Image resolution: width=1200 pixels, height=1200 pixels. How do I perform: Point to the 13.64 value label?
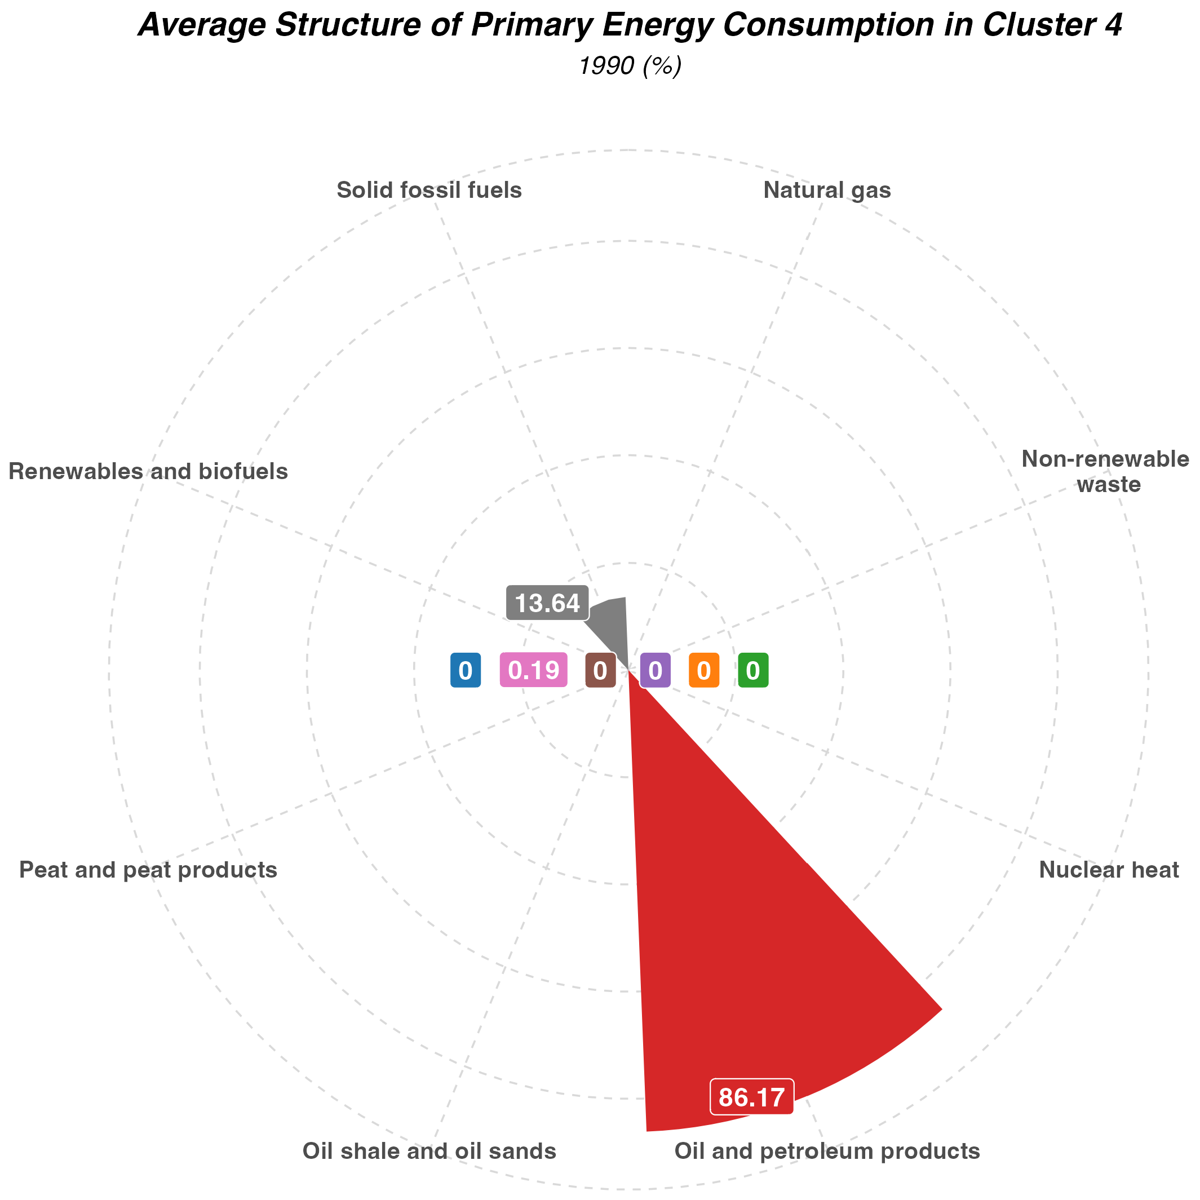click(x=547, y=603)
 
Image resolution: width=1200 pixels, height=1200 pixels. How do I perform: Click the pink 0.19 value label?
click(x=534, y=671)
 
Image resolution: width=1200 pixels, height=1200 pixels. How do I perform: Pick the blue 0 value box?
click(x=465, y=671)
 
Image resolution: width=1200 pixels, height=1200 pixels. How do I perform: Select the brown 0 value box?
click(x=600, y=671)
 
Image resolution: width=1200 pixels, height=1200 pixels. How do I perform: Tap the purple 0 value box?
click(x=654, y=671)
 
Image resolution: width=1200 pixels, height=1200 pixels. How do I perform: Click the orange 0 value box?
click(x=704, y=671)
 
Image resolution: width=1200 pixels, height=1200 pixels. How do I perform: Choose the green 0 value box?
click(x=753, y=671)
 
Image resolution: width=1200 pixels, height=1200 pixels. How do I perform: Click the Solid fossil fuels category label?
click(x=428, y=190)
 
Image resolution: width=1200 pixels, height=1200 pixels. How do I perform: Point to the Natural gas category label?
click(x=827, y=190)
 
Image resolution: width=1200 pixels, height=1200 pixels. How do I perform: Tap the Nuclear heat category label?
click(x=1109, y=870)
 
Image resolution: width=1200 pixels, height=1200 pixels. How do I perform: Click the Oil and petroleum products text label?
click(x=827, y=1152)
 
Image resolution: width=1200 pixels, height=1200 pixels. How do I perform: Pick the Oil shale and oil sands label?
click(x=428, y=1152)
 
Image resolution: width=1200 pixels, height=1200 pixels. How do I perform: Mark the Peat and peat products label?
click(x=148, y=870)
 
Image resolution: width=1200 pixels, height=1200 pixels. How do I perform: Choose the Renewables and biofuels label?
click(x=148, y=471)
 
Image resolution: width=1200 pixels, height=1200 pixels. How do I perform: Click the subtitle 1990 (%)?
click(x=630, y=66)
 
